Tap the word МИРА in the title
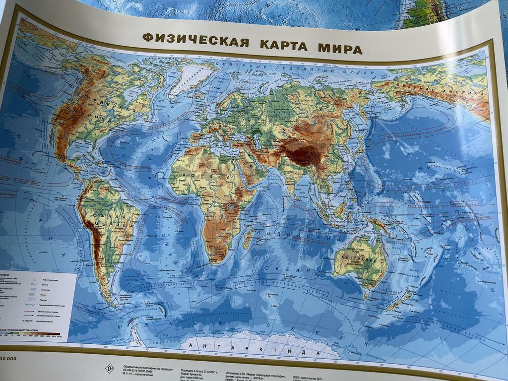click(340, 49)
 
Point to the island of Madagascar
click(248, 237)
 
